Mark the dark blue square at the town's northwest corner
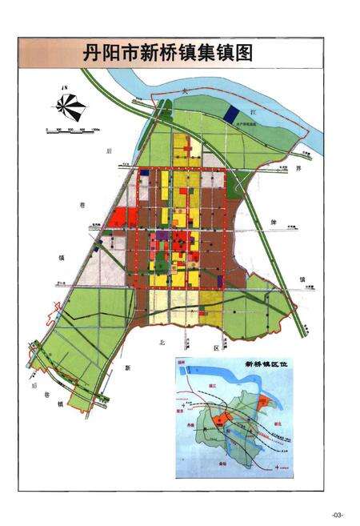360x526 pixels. tap(144, 171)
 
